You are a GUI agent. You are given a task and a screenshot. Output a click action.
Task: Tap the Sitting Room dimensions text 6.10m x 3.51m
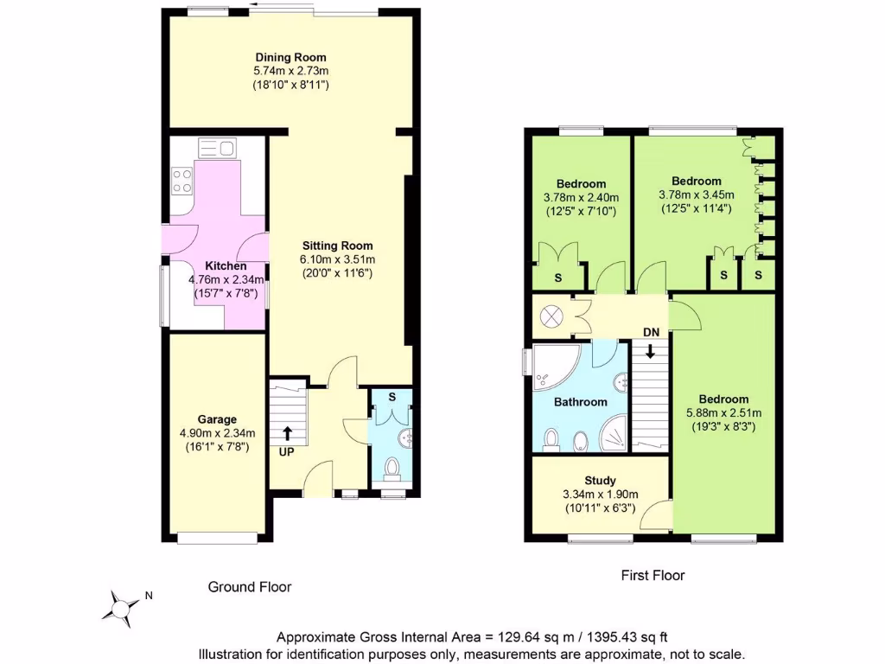[336, 259]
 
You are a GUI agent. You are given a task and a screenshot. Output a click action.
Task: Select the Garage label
[216, 419]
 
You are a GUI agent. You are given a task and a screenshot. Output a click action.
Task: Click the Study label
[600, 481]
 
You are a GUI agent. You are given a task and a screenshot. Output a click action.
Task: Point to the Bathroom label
[580, 402]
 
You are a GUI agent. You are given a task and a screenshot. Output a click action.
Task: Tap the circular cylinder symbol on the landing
[550, 317]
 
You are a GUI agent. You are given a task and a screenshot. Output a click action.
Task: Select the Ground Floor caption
[250, 587]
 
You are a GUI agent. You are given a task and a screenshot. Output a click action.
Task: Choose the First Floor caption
[653, 575]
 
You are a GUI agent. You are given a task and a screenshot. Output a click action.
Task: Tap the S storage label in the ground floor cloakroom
[392, 397]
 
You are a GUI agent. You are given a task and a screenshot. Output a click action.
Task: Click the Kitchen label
[226, 266]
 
